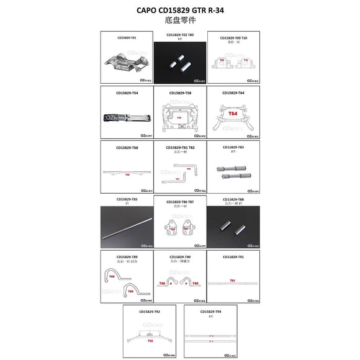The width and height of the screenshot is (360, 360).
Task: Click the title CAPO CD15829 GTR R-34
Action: coord(179,11)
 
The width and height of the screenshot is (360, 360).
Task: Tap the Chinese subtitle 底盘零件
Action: coord(179,20)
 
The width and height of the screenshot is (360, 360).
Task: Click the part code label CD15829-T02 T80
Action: coord(180,35)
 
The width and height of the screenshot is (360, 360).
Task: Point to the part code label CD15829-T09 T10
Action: coord(233,38)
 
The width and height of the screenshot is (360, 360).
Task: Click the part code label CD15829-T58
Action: coord(180,93)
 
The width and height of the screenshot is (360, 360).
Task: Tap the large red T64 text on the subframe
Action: coord(233,114)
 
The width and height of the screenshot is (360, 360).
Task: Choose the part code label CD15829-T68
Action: coord(127,147)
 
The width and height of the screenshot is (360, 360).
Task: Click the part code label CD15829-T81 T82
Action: coord(180,148)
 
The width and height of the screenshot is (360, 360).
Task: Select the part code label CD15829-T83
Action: coord(233,147)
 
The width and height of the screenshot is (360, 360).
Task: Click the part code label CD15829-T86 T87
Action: coord(180,202)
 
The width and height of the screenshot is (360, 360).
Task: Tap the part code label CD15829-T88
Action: coord(233,200)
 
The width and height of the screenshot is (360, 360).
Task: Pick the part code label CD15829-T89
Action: coord(127,256)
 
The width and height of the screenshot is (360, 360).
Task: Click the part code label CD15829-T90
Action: coord(180,256)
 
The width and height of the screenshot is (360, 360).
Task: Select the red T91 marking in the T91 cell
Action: coord(233,281)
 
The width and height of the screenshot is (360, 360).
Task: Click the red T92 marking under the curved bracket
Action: coord(150,341)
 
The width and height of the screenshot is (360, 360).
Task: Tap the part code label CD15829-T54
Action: coord(127,93)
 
